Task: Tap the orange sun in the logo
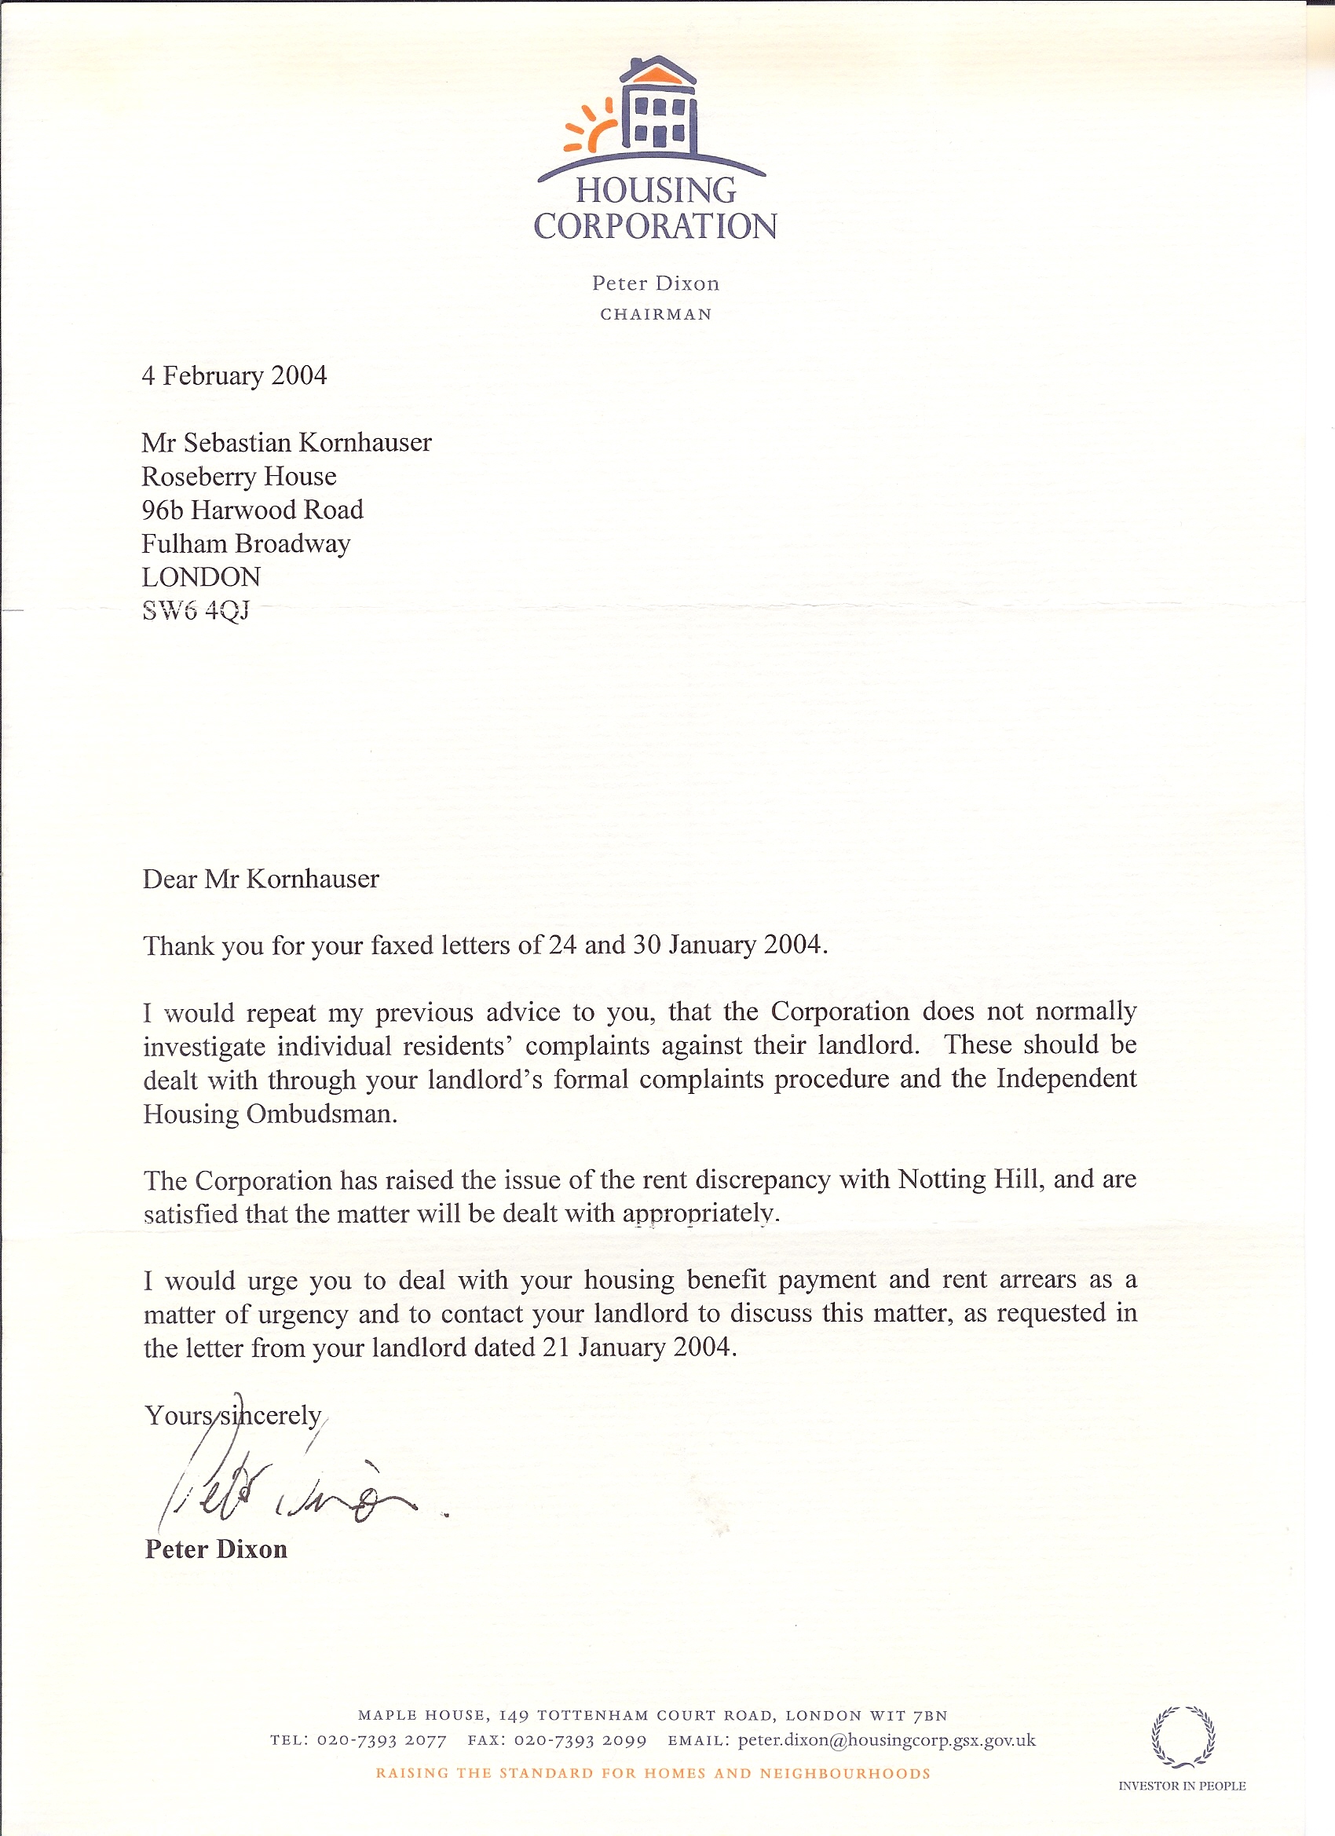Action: [x=592, y=127]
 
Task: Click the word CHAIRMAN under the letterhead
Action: [x=656, y=315]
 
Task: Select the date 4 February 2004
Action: [x=234, y=375]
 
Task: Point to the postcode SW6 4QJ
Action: [x=195, y=610]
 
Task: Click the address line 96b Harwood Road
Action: [x=252, y=510]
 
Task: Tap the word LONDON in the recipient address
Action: [x=201, y=577]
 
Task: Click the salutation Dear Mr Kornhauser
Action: [x=261, y=880]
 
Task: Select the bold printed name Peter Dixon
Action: [x=216, y=1549]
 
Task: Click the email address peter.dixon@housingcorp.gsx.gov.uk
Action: [x=887, y=1740]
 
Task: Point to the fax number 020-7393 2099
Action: [x=580, y=1741]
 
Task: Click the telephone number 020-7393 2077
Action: [x=382, y=1741]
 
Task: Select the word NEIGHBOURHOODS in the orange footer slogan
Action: [x=845, y=1774]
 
